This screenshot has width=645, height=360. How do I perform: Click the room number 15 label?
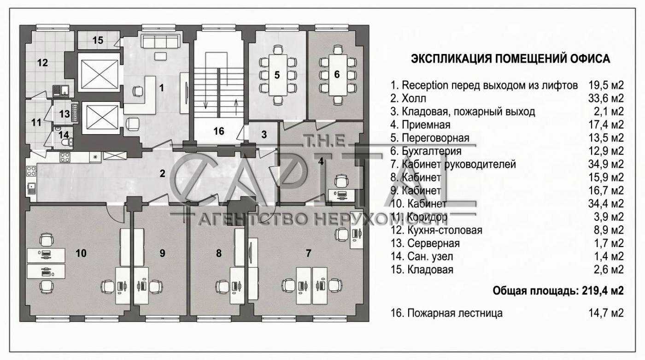(x=98, y=40)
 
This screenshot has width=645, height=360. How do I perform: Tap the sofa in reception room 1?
(x=161, y=41)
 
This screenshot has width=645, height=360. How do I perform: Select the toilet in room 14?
(x=68, y=142)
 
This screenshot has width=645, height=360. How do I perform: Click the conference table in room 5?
(x=278, y=75)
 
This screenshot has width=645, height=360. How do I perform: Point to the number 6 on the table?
(x=337, y=74)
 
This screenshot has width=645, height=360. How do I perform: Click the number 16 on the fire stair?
(x=219, y=131)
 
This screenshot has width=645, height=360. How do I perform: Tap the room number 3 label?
(x=264, y=134)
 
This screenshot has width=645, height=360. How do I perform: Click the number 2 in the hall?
(x=162, y=173)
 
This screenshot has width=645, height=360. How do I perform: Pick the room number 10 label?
(x=81, y=253)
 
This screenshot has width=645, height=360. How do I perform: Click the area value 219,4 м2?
(x=603, y=291)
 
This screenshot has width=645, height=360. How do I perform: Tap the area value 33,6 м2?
(x=606, y=99)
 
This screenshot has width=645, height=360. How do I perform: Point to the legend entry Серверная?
(x=434, y=243)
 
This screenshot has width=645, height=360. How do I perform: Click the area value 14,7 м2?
(x=606, y=313)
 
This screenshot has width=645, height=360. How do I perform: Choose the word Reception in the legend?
(x=425, y=86)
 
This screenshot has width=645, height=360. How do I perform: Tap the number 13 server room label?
(x=64, y=114)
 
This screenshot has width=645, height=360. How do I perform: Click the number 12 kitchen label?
(x=42, y=63)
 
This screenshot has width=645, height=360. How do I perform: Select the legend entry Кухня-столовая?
(x=445, y=230)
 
